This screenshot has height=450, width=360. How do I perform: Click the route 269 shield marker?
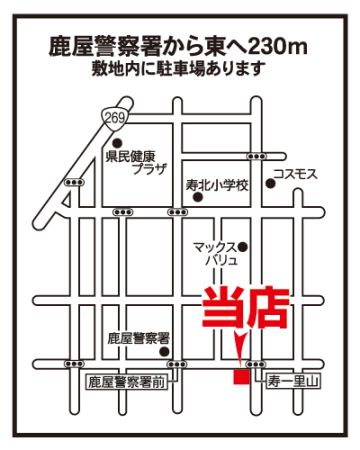(116, 118)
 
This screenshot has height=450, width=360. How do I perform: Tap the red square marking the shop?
(241, 376)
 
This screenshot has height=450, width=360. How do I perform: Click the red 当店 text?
(246, 307)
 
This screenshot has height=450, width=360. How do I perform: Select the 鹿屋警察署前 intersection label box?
(126, 382)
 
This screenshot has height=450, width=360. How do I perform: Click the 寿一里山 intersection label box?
(293, 382)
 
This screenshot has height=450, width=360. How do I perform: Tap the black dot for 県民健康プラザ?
(117, 144)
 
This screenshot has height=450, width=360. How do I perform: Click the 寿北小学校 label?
(217, 185)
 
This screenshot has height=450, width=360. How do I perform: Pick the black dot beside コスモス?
(270, 183)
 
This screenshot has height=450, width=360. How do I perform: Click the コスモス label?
(295, 174)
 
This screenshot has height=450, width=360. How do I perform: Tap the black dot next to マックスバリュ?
(243, 247)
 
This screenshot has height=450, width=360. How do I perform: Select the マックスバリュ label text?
(216, 253)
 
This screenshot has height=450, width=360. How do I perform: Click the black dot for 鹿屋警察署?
(164, 351)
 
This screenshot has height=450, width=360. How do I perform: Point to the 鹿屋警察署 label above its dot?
(139, 339)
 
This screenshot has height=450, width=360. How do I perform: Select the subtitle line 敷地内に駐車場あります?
(179, 69)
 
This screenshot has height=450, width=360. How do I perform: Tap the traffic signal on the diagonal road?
(74, 182)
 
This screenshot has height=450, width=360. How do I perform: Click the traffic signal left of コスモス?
(256, 156)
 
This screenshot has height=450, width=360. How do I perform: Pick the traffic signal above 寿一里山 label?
(256, 364)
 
